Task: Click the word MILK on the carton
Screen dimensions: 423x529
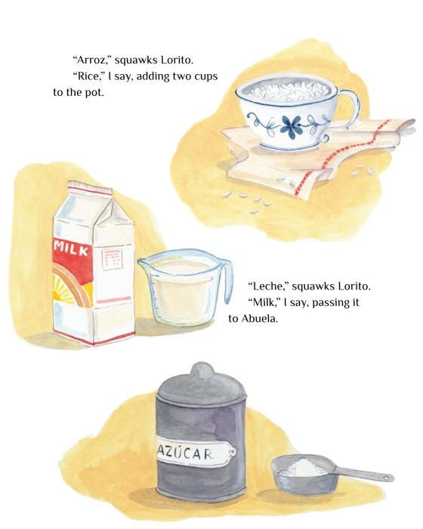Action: point(73,249)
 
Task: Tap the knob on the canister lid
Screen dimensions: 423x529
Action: point(202,370)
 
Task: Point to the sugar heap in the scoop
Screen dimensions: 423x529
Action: point(303,468)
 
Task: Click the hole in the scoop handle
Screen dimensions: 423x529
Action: point(389,478)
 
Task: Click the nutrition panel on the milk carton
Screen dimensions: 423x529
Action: point(112,259)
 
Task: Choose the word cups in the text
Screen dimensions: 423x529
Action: point(205,76)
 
